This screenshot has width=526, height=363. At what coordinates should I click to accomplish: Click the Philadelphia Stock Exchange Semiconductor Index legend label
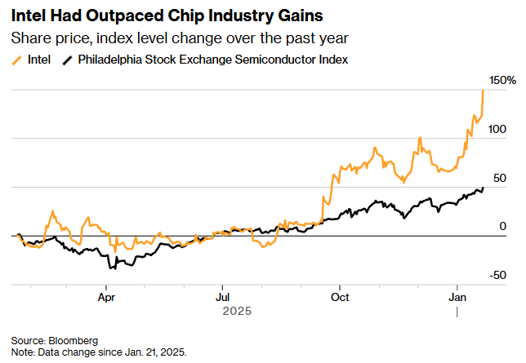pyautogui.click(x=213, y=60)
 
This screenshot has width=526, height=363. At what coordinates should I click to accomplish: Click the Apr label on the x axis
pyautogui.click(x=106, y=298)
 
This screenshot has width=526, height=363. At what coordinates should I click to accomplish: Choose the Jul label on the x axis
pyautogui.click(x=222, y=298)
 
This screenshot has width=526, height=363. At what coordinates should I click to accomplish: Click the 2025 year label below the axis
pyautogui.click(x=237, y=312)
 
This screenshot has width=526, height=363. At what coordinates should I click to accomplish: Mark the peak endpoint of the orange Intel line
pyautogui.click(x=483, y=90)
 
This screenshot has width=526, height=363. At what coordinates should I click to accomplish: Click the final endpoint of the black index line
pyautogui.click(x=483, y=188)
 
